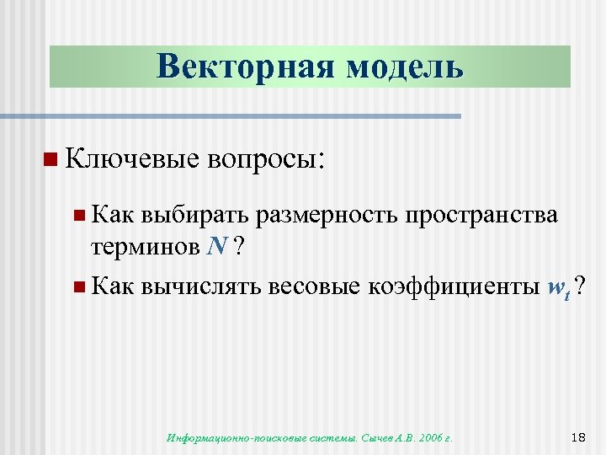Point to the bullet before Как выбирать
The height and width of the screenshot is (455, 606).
click(x=78, y=216)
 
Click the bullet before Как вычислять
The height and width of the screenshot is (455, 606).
click(x=78, y=287)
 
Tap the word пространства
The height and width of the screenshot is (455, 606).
click(x=481, y=216)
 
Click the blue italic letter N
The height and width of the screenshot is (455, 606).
click(x=216, y=246)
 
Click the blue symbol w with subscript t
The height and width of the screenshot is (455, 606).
click(x=557, y=289)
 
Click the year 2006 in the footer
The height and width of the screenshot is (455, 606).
click(x=428, y=437)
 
